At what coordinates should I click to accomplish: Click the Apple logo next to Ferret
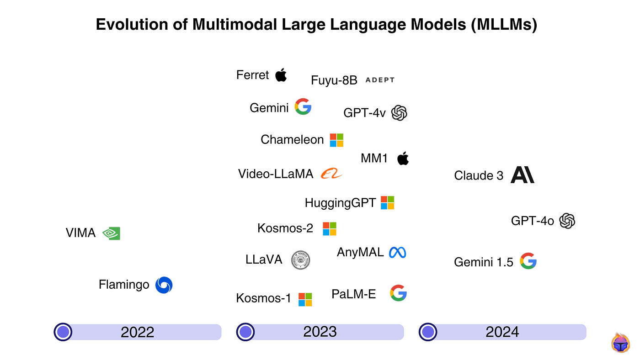[281, 75]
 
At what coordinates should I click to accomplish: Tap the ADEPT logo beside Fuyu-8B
[379, 80]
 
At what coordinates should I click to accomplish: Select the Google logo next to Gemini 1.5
[528, 261]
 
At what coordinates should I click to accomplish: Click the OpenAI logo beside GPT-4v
[399, 112]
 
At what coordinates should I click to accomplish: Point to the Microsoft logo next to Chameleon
[336, 140]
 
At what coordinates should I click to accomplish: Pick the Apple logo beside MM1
[403, 159]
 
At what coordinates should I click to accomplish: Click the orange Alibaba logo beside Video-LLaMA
[331, 174]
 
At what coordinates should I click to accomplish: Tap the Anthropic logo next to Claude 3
[522, 175]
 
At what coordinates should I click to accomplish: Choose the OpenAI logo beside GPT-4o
[567, 221]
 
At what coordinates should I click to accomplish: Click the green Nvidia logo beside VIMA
[111, 233]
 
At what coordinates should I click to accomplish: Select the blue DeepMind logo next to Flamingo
[164, 285]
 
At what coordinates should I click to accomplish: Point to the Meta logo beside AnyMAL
[397, 252]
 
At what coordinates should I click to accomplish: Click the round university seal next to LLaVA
[301, 260]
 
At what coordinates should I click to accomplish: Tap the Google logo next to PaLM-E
[398, 293]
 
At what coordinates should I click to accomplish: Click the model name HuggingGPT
[340, 203]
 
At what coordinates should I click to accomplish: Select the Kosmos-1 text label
[263, 298]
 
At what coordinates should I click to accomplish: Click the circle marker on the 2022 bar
[63, 332]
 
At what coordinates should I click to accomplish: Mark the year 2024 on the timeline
[502, 332]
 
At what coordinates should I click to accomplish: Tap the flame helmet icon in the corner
[620, 343]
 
